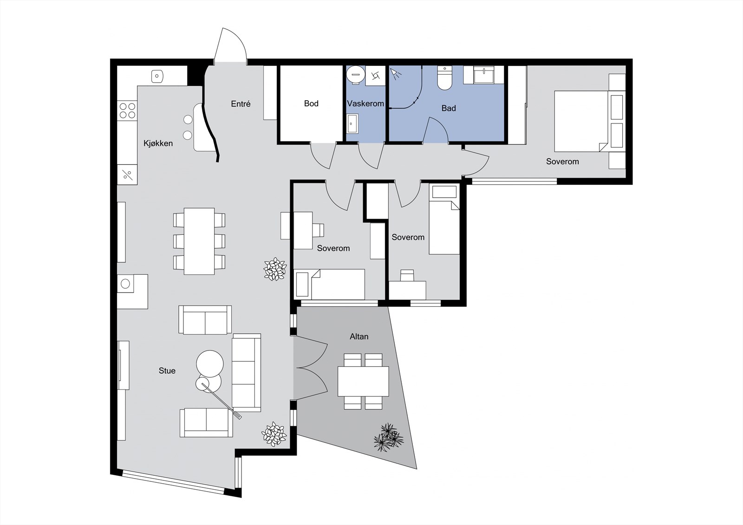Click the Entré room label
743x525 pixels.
pos(241,104)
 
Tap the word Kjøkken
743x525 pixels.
pos(158,143)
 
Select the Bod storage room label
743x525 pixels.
pos(311,104)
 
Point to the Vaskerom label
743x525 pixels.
pos(365,104)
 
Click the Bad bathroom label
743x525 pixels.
pos(449,108)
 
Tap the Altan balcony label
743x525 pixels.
pos(359,337)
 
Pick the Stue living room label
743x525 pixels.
pos(167,371)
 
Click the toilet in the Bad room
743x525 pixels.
pos(444,78)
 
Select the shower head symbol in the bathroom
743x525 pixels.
pos(395,74)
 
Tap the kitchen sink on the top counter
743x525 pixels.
pos(157,76)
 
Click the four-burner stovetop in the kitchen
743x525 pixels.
pos(127,111)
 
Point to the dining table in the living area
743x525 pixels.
pos(199,241)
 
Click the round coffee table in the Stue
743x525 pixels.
pos(209,363)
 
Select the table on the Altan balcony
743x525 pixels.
pos(363,381)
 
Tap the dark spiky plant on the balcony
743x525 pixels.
pos(389,437)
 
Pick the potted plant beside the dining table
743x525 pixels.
pos(275,269)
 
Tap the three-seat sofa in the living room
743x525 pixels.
pos(247,373)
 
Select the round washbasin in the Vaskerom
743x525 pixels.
pos(356,74)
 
